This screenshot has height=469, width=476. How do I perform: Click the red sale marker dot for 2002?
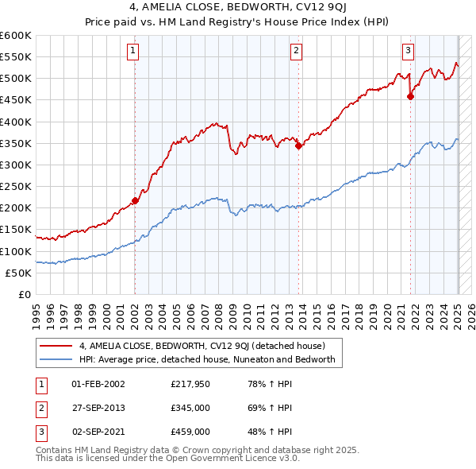pos(135,200)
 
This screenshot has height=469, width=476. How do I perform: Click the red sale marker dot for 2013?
pos(298,145)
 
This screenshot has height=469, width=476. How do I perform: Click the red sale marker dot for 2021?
pos(410,96)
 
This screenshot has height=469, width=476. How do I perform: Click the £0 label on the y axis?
pos(23,294)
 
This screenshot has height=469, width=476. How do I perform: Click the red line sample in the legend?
pos(56,346)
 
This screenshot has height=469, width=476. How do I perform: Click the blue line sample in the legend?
pos(56,359)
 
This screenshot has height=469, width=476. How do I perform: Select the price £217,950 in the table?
pos(190,384)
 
